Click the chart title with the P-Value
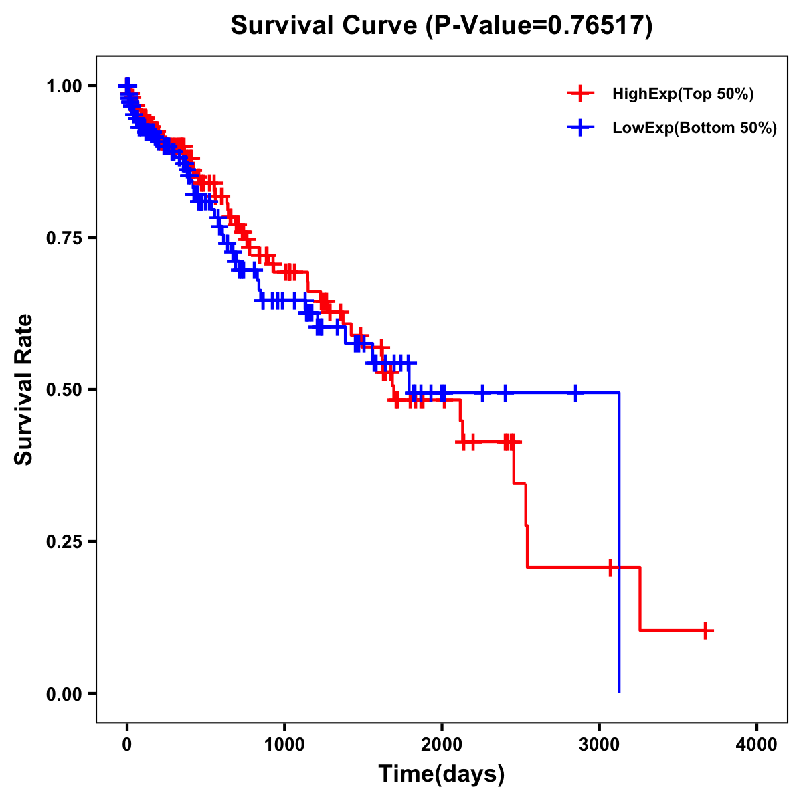(x=441, y=25)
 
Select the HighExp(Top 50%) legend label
(x=683, y=94)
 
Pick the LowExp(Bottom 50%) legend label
(x=694, y=128)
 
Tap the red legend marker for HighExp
(x=580, y=94)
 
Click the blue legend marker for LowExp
(x=580, y=128)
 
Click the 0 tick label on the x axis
(x=127, y=745)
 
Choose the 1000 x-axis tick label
(x=284, y=745)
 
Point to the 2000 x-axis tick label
(x=442, y=745)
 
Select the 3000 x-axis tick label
(x=600, y=745)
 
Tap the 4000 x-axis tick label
(x=757, y=745)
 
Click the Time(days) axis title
(x=442, y=774)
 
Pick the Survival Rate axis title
(x=24, y=389)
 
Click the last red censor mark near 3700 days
(x=705, y=630)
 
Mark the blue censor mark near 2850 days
(x=575, y=393)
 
